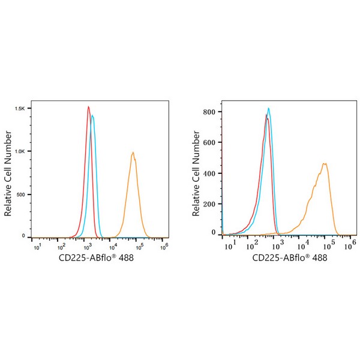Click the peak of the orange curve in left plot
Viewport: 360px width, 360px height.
tap(133, 152)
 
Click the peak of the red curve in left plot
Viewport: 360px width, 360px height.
tap(89, 107)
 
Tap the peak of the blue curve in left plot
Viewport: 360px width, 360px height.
tap(92, 116)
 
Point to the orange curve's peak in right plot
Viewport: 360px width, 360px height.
tap(325, 163)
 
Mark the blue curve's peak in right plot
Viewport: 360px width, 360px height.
tap(269, 109)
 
